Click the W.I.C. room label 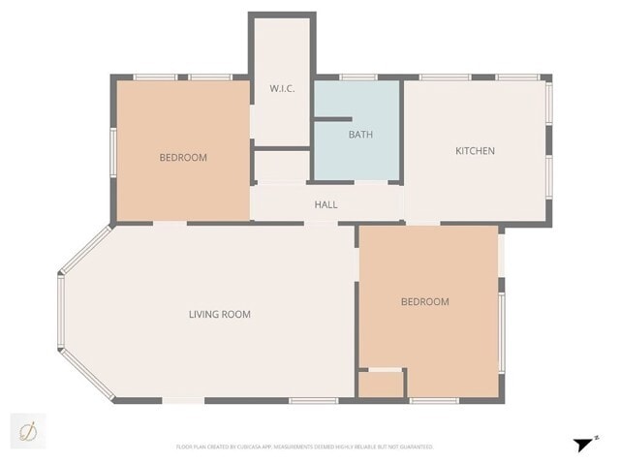(x=282, y=89)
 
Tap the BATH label (x=360, y=135)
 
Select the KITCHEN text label (x=475, y=150)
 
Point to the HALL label (x=325, y=204)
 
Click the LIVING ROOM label (x=219, y=314)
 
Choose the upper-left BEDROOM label (x=183, y=157)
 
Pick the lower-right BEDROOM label (x=424, y=301)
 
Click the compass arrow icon (x=583, y=445)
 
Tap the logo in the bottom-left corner (x=28, y=430)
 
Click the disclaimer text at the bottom (x=303, y=447)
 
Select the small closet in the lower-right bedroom (x=381, y=385)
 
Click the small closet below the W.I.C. (x=281, y=167)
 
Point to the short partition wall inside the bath (x=331, y=119)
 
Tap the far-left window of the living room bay (x=60, y=313)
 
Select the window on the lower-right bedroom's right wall (x=501, y=331)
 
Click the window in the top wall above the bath (x=357, y=77)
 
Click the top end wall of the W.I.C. (x=282, y=15)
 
